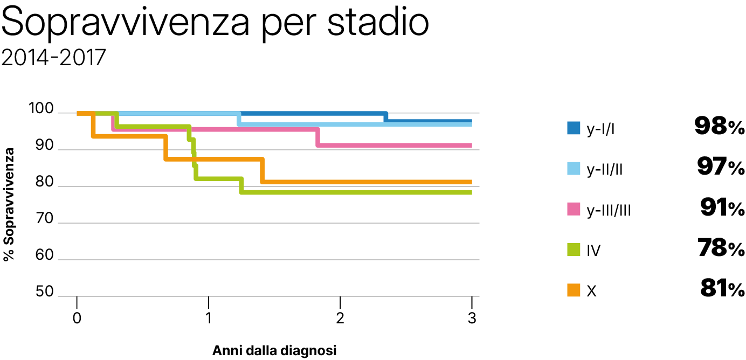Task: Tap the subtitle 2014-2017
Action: click(53, 58)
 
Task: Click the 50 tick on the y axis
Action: click(45, 293)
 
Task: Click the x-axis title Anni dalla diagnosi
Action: click(274, 351)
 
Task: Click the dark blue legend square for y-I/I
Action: click(573, 128)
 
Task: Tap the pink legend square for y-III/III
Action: click(573, 209)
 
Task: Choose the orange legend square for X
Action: click(573, 290)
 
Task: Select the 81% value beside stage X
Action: click(722, 290)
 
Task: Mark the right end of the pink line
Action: click(471, 145)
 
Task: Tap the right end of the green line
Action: click(471, 192)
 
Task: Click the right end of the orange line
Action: click(471, 182)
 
